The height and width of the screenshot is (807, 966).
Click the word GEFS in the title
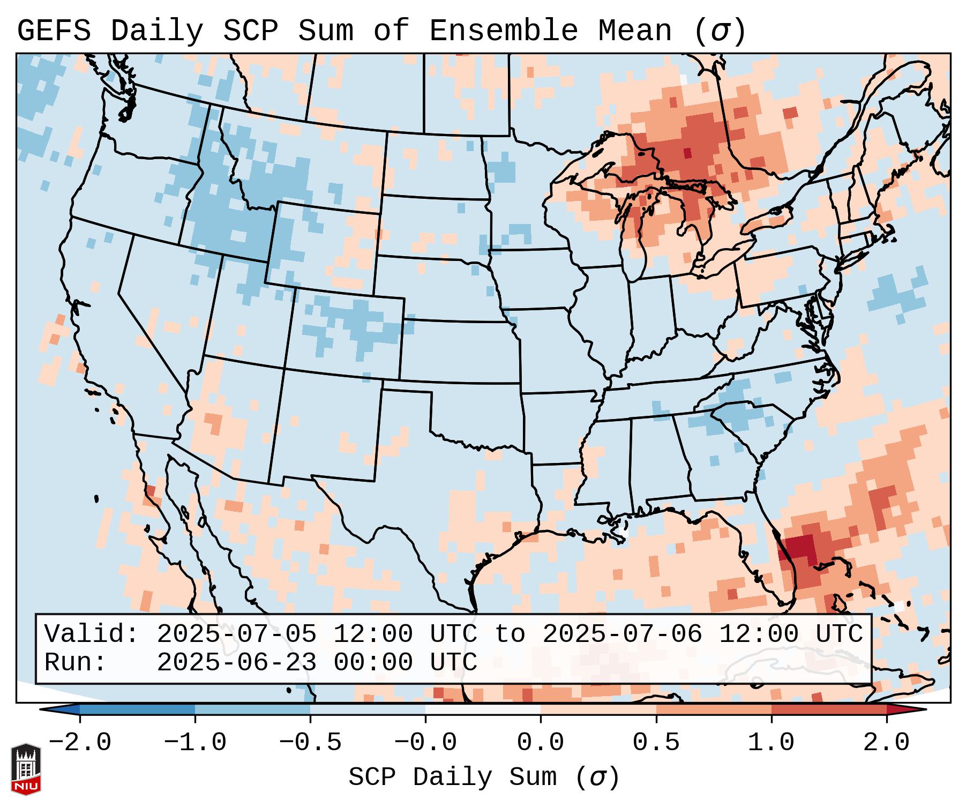click(x=54, y=31)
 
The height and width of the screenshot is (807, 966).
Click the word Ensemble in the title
click(x=503, y=31)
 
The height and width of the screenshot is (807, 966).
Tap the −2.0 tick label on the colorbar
click(x=80, y=742)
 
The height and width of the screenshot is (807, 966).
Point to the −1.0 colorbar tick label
click(x=195, y=742)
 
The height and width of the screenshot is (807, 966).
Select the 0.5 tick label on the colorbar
click(x=656, y=742)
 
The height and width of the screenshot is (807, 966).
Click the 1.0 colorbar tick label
click(x=771, y=742)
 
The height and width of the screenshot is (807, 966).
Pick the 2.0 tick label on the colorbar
click(x=886, y=742)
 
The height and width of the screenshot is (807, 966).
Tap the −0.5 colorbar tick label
click(x=310, y=742)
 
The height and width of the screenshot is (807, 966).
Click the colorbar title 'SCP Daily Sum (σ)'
click(x=484, y=777)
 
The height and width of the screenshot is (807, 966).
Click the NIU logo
click(x=26, y=768)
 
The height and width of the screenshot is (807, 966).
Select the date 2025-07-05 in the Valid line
click(x=236, y=634)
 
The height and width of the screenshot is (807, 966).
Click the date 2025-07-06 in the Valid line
click(x=622, y=634)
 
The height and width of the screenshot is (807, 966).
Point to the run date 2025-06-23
click(x=236, y=662)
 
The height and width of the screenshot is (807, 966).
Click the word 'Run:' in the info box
click(x=76, y=662)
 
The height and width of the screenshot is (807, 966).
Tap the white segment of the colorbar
click(x=483, y=709)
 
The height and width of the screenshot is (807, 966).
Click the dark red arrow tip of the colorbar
click(x=905, y=709)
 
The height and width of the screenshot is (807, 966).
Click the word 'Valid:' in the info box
click(x=92, y=634)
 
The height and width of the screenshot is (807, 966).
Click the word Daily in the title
click(x=156, y=31)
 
